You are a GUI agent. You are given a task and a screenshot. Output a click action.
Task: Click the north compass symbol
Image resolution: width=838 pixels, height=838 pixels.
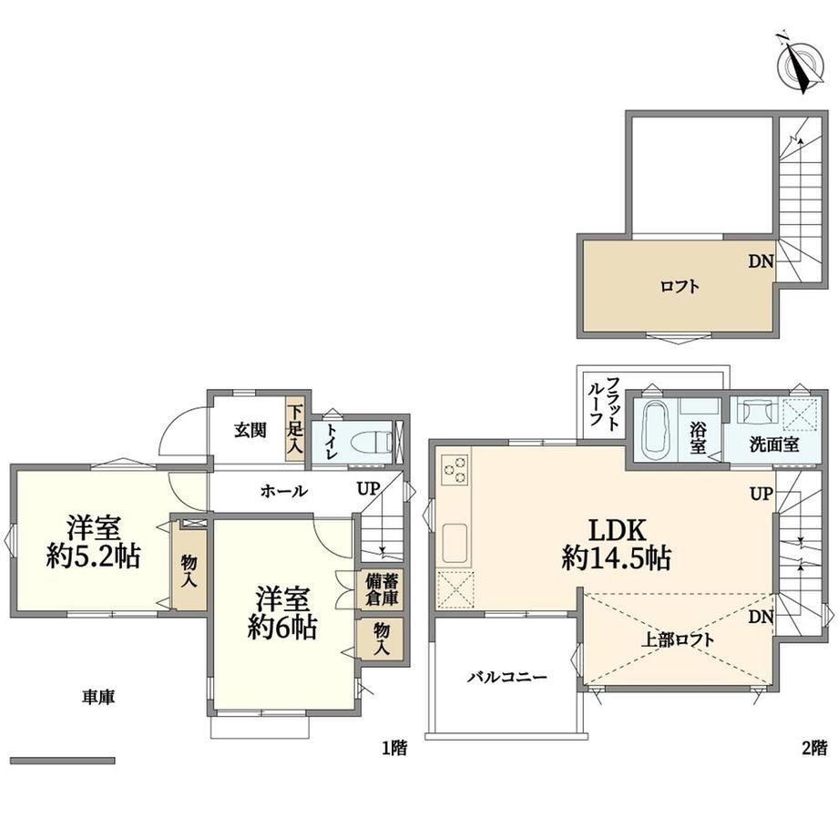click(x=800, y=62)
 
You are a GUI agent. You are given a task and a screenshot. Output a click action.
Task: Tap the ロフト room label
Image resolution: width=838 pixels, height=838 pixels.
click(x=680, y=287)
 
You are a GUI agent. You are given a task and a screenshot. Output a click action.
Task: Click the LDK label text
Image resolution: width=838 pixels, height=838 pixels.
click(x=618, y=531)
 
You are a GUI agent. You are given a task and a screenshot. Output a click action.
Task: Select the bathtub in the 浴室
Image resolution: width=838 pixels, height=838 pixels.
click(x=653, y=429)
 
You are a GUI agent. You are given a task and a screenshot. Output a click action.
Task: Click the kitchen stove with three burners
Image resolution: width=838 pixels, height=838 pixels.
click(x=455, y=470)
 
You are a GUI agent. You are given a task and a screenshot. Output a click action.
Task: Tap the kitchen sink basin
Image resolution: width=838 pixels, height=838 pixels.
click(x=455, y=543)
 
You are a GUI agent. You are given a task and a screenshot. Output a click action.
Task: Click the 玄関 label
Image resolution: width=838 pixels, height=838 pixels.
click(x=250, y=430)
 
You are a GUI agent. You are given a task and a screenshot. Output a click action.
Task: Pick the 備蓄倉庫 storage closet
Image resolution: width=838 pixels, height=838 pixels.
click(x=381, y=589)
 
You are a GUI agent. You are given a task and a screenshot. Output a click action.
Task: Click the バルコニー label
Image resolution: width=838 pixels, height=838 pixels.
click(x=507, y=678)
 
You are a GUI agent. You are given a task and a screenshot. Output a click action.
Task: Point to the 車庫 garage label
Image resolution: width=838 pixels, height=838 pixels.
click(x=98, y=697)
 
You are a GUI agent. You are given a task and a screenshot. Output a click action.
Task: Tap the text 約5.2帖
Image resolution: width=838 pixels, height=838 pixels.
click(x=93, y=557)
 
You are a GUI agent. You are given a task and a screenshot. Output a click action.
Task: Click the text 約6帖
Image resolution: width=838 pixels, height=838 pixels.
click(x=281, y=628)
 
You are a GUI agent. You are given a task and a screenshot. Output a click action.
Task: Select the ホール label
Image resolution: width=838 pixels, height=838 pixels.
click(x=284, y=491)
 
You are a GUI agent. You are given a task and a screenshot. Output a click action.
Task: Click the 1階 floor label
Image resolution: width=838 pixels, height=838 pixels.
click(x=394, y=748)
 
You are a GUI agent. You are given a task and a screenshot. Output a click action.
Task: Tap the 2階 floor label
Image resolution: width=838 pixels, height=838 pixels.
click(x=814, y=748)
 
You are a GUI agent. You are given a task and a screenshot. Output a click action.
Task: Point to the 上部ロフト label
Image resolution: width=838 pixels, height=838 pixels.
click(x=677, y=639)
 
